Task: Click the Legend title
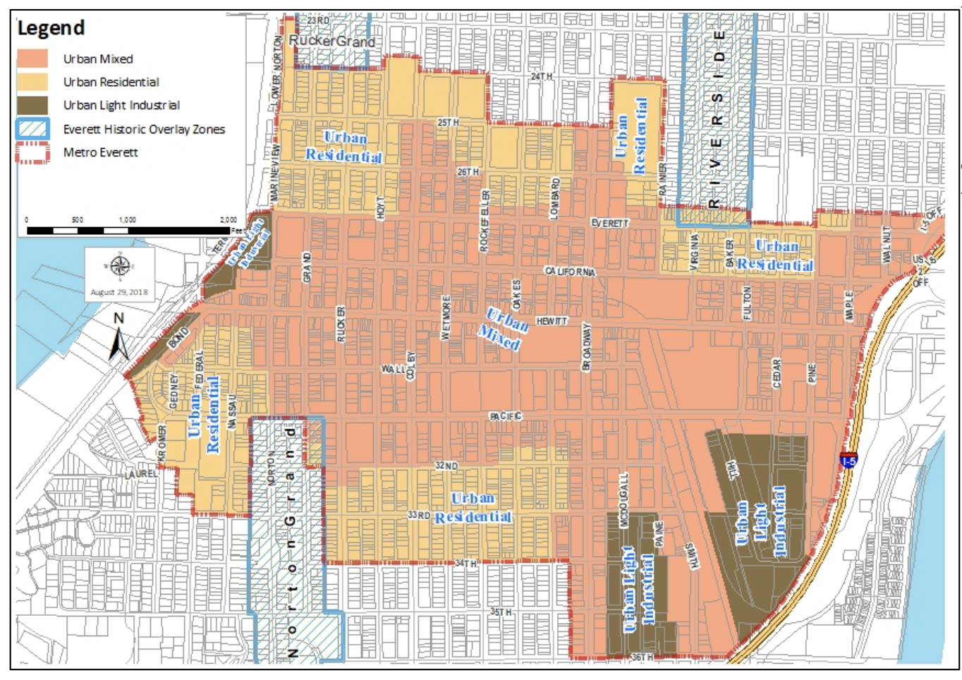[51, 28]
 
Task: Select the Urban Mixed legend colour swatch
[32, 59]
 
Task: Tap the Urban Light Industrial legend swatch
[32, 105]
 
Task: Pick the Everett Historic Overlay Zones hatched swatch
[32, 129]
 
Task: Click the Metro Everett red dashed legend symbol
[32, 152]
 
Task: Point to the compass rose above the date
[118, 267]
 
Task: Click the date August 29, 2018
[119, 292]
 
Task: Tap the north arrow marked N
[119, 337]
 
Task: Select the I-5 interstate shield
[849, 460]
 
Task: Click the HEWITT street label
[552, 321]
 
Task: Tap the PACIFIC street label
[506, 416]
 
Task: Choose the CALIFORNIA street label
[570, 272]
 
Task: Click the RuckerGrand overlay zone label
[331, 41]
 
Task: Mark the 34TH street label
[465, 564]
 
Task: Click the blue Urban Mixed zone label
[504, 329]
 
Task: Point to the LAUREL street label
[141, 473]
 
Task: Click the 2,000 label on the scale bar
[228, 220]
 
